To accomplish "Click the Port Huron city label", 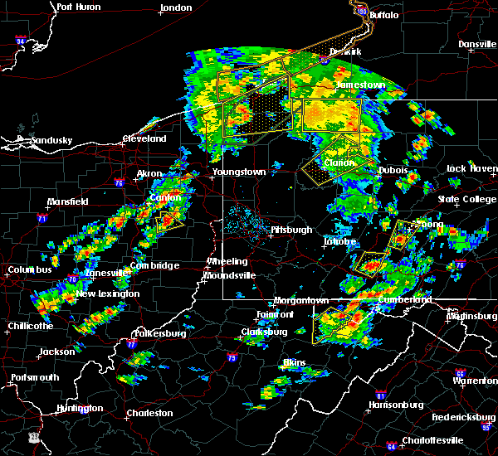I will pos(79,7).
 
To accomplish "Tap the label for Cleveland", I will pos(144,139).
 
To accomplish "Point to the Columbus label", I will pos(31,270).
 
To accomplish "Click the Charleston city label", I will pos(149,413).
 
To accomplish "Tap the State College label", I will pos(466,199).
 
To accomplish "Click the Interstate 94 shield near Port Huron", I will pos(21,40).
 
